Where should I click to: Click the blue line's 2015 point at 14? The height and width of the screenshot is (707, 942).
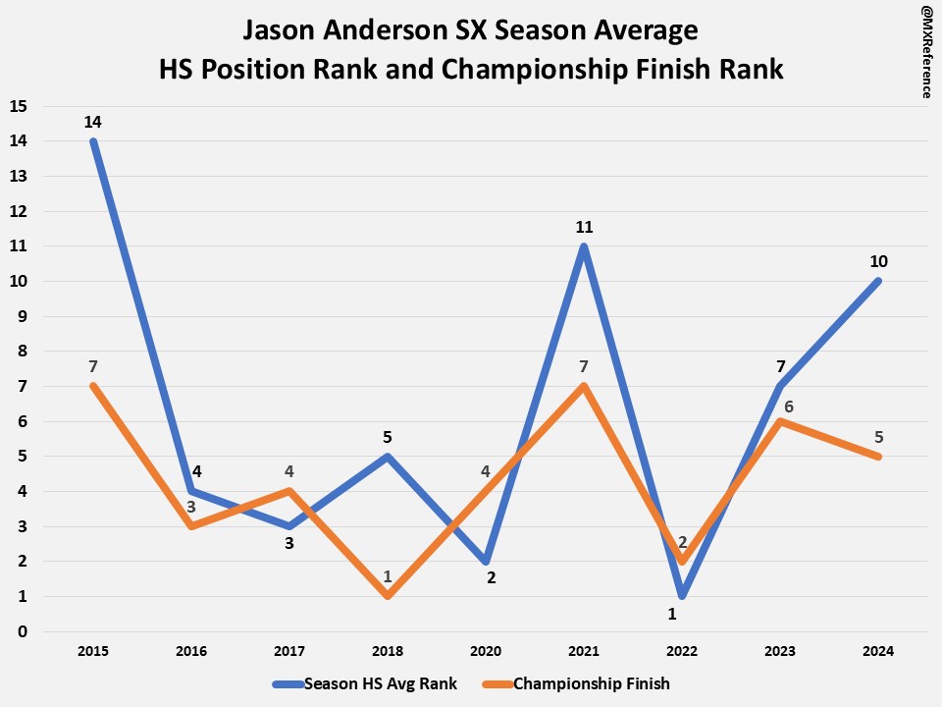point(93,141)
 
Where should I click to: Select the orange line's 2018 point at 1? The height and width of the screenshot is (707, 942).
point(388,596)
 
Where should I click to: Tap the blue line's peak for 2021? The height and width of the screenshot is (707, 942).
point(584,246)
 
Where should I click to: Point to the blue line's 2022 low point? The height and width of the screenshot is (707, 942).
point(682,596)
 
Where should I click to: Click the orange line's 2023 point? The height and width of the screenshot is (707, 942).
point(780,421)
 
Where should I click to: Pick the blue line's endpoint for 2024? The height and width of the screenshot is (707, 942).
point(878,281)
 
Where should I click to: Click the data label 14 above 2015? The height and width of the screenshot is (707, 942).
point(93,123)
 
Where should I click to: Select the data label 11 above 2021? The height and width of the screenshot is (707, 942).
point(584,227)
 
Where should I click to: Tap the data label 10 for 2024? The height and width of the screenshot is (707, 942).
point(878,261)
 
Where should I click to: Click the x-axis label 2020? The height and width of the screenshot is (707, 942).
point(486,650)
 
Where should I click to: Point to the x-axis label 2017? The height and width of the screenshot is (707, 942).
point(289,650)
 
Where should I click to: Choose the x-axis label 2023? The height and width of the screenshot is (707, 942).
point(780,650)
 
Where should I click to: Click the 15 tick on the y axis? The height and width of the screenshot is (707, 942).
point(19,106)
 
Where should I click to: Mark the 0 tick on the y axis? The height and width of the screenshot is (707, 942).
point(23,631)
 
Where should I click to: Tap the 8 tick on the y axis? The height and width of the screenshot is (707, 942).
point(23,352)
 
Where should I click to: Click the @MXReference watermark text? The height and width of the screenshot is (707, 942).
point(925,50)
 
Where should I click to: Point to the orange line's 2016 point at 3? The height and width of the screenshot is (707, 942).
point(191,526)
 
